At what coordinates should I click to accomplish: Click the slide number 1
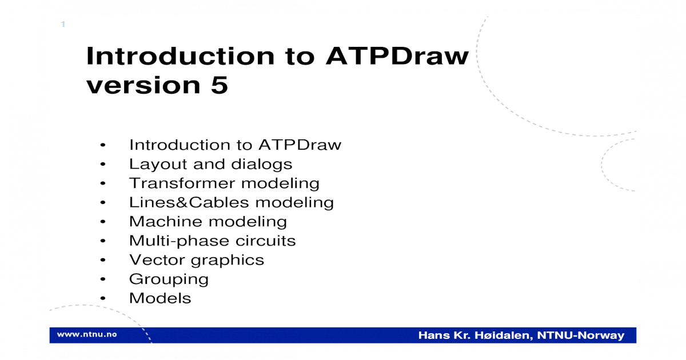(x=63, y=24)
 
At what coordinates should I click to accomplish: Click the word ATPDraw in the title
(x=397, y=56)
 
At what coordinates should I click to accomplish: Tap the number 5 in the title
(x=220, y=85)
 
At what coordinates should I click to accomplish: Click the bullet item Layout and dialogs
(x=211, y=165)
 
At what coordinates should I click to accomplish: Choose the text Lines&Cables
(x=189, y=202)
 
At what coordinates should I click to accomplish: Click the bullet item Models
(x=160, y=298)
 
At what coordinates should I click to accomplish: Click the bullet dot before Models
(x=103, y=298)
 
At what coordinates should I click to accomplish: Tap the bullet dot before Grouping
(x=103, y=279)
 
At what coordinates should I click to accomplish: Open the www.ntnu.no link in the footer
(x=87, y=334)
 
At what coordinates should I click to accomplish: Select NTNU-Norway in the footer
(x=581, y=335)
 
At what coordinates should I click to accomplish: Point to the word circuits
(x=265, y=241)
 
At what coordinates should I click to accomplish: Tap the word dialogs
(x=262, y=165)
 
